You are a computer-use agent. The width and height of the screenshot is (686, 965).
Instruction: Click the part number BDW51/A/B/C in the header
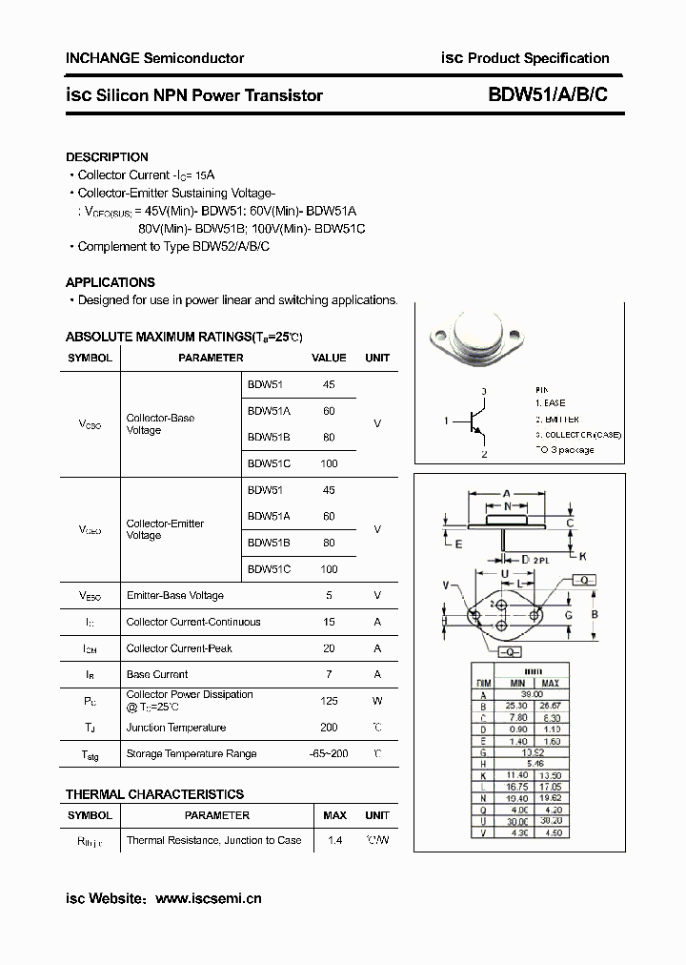pos(547,95)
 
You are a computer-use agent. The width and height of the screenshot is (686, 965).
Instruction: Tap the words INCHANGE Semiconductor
pos(154,58)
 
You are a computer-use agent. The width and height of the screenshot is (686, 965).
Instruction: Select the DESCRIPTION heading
pos(107,157)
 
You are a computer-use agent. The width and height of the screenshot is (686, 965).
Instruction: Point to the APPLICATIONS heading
pos(110,283)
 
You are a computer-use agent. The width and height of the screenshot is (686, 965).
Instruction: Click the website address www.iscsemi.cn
pos(208,898)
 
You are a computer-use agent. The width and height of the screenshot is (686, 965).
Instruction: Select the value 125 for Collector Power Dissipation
pos(329,701)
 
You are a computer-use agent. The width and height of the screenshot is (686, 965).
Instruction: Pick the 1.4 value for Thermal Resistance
pos(334,840)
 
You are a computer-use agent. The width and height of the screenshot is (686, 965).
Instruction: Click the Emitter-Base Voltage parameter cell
pos(175,596)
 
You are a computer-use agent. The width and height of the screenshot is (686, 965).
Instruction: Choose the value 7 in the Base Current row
pos(329,674)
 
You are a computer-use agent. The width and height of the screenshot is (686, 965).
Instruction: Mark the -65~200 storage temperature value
pos(329,753)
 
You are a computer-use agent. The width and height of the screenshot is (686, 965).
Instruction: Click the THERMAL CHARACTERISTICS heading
pos(154,794)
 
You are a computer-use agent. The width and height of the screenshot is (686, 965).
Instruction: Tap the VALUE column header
pos(329,359)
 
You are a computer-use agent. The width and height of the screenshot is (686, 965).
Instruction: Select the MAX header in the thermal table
pos(334,815)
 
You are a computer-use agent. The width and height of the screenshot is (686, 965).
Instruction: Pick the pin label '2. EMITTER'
pos(556,420)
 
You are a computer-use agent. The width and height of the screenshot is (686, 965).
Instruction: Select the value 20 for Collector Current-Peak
pos(329,648)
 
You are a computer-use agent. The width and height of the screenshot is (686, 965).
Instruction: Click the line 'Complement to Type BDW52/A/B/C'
pos(173,247)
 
